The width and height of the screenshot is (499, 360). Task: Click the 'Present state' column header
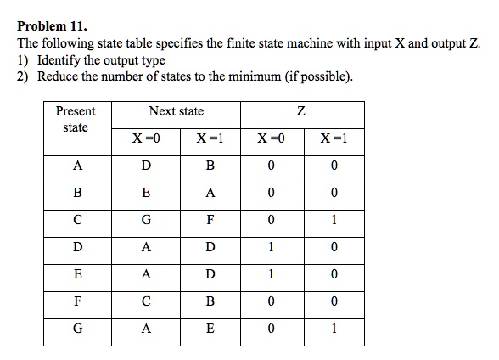76,119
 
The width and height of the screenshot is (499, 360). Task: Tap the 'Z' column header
301,111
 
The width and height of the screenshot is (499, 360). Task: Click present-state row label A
77,166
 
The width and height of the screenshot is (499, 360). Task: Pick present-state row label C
77,220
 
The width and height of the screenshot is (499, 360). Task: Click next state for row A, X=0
146,166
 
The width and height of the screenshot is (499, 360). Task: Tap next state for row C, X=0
146,220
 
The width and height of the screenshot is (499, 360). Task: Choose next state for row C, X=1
210,220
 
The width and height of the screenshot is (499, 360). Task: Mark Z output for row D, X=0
271,247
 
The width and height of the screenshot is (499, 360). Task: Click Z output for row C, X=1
334,220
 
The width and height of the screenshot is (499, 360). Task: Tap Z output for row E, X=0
271,274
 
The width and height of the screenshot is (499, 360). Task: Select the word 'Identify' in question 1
58,60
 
